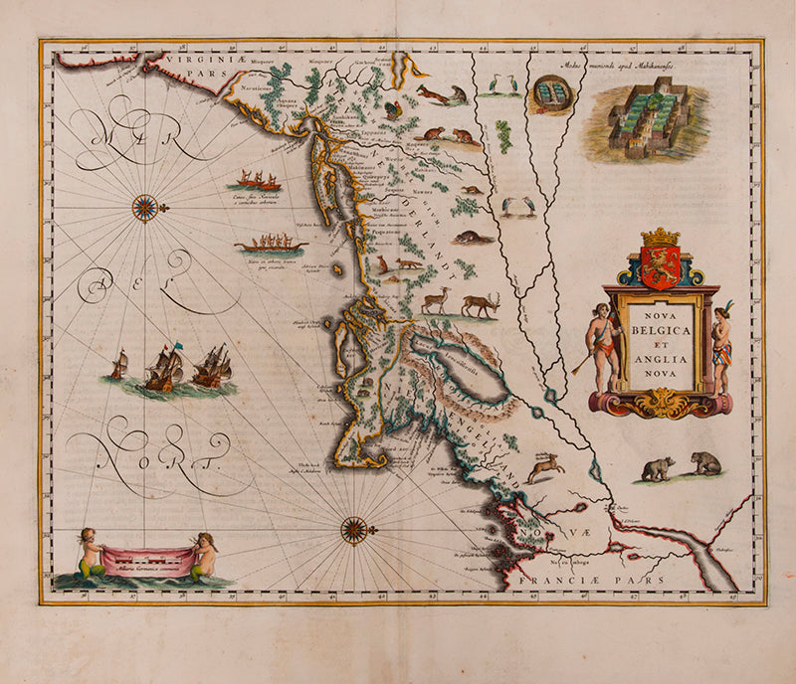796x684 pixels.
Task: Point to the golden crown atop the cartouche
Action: (661, 237)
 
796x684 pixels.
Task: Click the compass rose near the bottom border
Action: (354, 529)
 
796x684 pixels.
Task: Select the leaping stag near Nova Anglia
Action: (545, 465)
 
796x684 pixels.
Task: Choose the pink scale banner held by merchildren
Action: (148, 562)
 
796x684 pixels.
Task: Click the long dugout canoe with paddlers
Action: (270, 245)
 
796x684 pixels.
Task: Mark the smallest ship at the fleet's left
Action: (118, 365)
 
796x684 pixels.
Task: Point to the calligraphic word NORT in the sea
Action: (164, 450)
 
